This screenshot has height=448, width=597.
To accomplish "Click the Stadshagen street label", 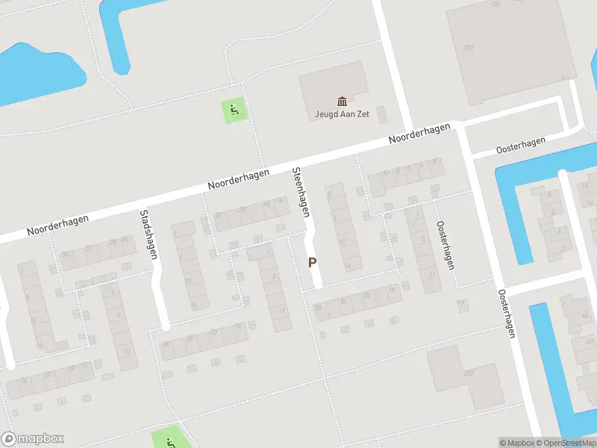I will pyautogui.click(x=148, y=234).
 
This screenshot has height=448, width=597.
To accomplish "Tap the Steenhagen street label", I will pyautogui.click(x=301, y=192).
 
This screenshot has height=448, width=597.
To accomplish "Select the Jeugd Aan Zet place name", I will pyautogui.click(x=342, y=114).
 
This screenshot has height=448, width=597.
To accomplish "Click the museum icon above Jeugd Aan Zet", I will pyautogui.click(x=343, y=101).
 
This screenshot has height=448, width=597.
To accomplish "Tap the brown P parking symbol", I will pyautogui.click(x=313, y=263).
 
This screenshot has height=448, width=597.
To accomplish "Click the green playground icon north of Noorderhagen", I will pyautogui.click(x=234, y=112).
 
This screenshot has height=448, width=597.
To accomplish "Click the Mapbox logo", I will pyautogui.click(x=33, y=439).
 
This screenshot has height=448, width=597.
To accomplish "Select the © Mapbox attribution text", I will pyautogui.click(x=516, y=443).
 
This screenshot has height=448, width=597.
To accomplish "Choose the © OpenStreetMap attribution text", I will pyautogui.click(x=566, y=443).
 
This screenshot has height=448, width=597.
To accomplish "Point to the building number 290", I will pyautogui.click(x=468, y=49).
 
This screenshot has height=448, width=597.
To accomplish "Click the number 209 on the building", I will pyautogui.click(x=468, y=373).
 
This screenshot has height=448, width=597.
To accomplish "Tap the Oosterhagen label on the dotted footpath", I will pyautogui.click(x=446, y=244).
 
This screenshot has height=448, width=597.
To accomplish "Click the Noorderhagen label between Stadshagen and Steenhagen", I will pyautogui.click(x=238, y=179).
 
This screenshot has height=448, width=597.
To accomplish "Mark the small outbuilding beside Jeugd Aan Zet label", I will pyautogui.click(x=382, y=115).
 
